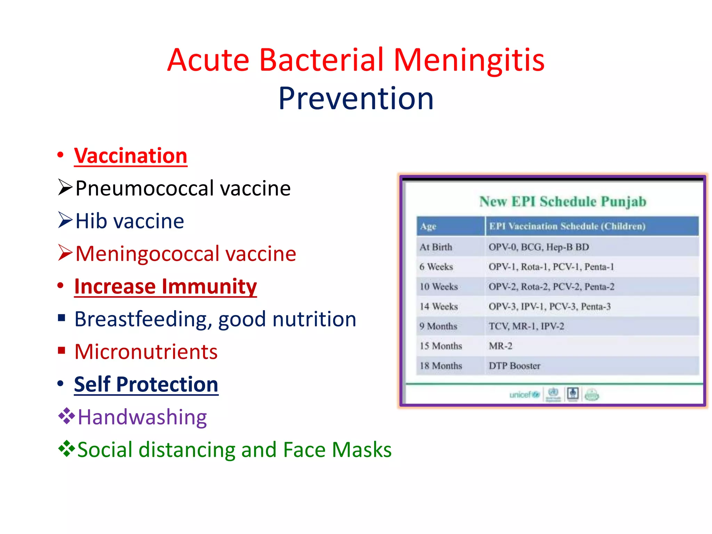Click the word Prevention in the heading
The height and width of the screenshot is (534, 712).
[x=356, y=99]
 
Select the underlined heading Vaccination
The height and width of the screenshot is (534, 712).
[x=131, y=156]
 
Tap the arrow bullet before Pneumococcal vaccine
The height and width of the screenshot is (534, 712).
[x=65, y=188]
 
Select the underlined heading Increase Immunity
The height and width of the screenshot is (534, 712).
[x=165, y=286]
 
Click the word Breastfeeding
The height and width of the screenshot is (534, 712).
[x=140, y=319]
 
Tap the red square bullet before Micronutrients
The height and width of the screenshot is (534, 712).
[x=62, y=350]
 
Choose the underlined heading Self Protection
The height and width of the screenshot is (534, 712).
[x=146, y=385]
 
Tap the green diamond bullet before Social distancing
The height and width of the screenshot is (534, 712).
[x=66, y=448]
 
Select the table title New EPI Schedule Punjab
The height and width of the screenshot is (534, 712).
[x=563, y=202]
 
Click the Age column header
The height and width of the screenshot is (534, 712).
[x=428, y=227]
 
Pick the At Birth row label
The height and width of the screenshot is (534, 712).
[x=436, y=247]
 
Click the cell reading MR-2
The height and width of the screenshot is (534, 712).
[x=500, y=346]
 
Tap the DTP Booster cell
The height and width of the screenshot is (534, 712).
[x=514, y=366]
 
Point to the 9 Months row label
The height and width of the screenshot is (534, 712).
[x=438, y=326]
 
